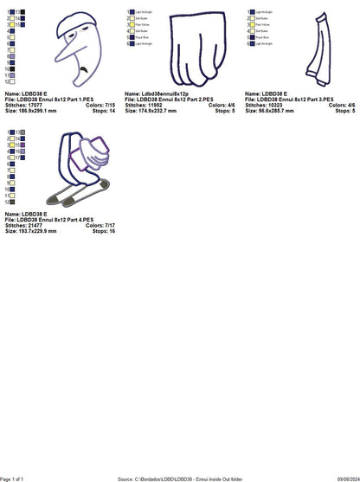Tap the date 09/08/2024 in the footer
point(339,478)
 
